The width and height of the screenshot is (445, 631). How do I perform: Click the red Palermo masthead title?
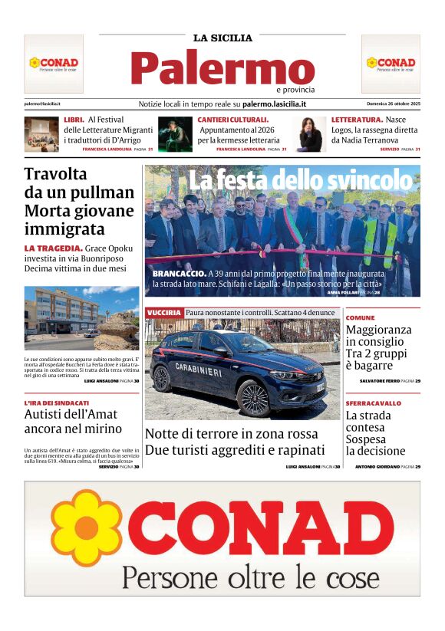coord(222,68)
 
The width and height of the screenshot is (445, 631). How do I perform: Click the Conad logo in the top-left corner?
coord(54,63)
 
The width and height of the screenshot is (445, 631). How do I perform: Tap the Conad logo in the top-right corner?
coord(391,63)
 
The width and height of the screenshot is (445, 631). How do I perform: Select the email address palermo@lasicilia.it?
coord(42,104)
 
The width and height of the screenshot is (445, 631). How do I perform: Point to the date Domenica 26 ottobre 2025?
coord(393,104)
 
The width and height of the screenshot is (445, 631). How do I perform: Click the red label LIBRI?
coord(74,120)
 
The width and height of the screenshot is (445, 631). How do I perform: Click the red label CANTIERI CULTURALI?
coord(233,120)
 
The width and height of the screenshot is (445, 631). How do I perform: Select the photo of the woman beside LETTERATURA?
coord(310,134)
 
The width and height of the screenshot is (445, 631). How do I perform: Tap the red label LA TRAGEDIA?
coord(53,248)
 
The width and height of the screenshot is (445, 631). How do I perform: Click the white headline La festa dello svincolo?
coord(300,181)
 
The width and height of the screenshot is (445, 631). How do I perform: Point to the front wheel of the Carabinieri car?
coord(254,397)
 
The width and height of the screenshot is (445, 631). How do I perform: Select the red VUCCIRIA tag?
coord(163,313)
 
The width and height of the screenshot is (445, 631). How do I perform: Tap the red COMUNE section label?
coord(360,317)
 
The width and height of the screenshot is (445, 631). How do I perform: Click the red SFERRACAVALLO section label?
coord(373,403)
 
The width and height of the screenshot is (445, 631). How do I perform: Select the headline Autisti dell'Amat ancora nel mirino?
coord(73,422)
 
